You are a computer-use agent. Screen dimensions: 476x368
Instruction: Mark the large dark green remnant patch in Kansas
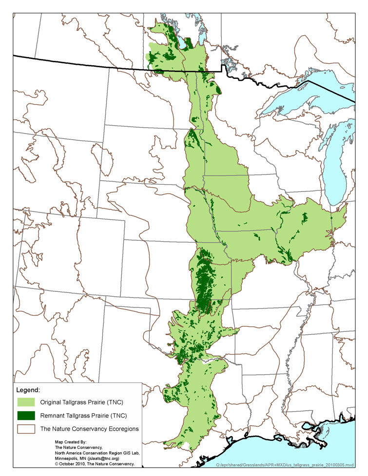click(x=204, y=280)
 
